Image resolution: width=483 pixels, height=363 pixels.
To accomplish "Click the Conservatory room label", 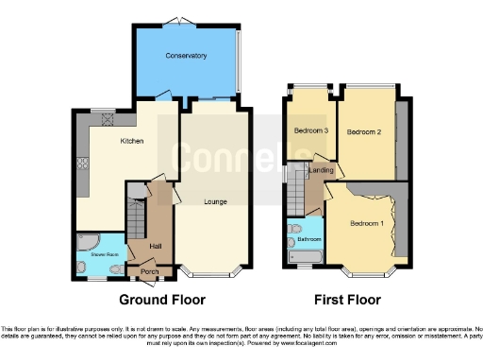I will click(186, 56).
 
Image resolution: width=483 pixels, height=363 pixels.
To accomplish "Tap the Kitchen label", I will click(131, 141).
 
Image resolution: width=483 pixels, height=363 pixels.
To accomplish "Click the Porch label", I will click(149, 271).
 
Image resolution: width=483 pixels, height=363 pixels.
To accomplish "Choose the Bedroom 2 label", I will click(364, 132).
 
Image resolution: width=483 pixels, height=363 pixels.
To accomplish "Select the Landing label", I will click(322, 169).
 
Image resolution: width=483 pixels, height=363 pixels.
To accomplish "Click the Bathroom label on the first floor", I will click(307, 240).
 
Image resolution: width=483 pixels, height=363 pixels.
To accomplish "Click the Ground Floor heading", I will click(162, 300).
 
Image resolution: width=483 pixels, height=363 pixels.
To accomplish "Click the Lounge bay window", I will click(213, 273).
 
